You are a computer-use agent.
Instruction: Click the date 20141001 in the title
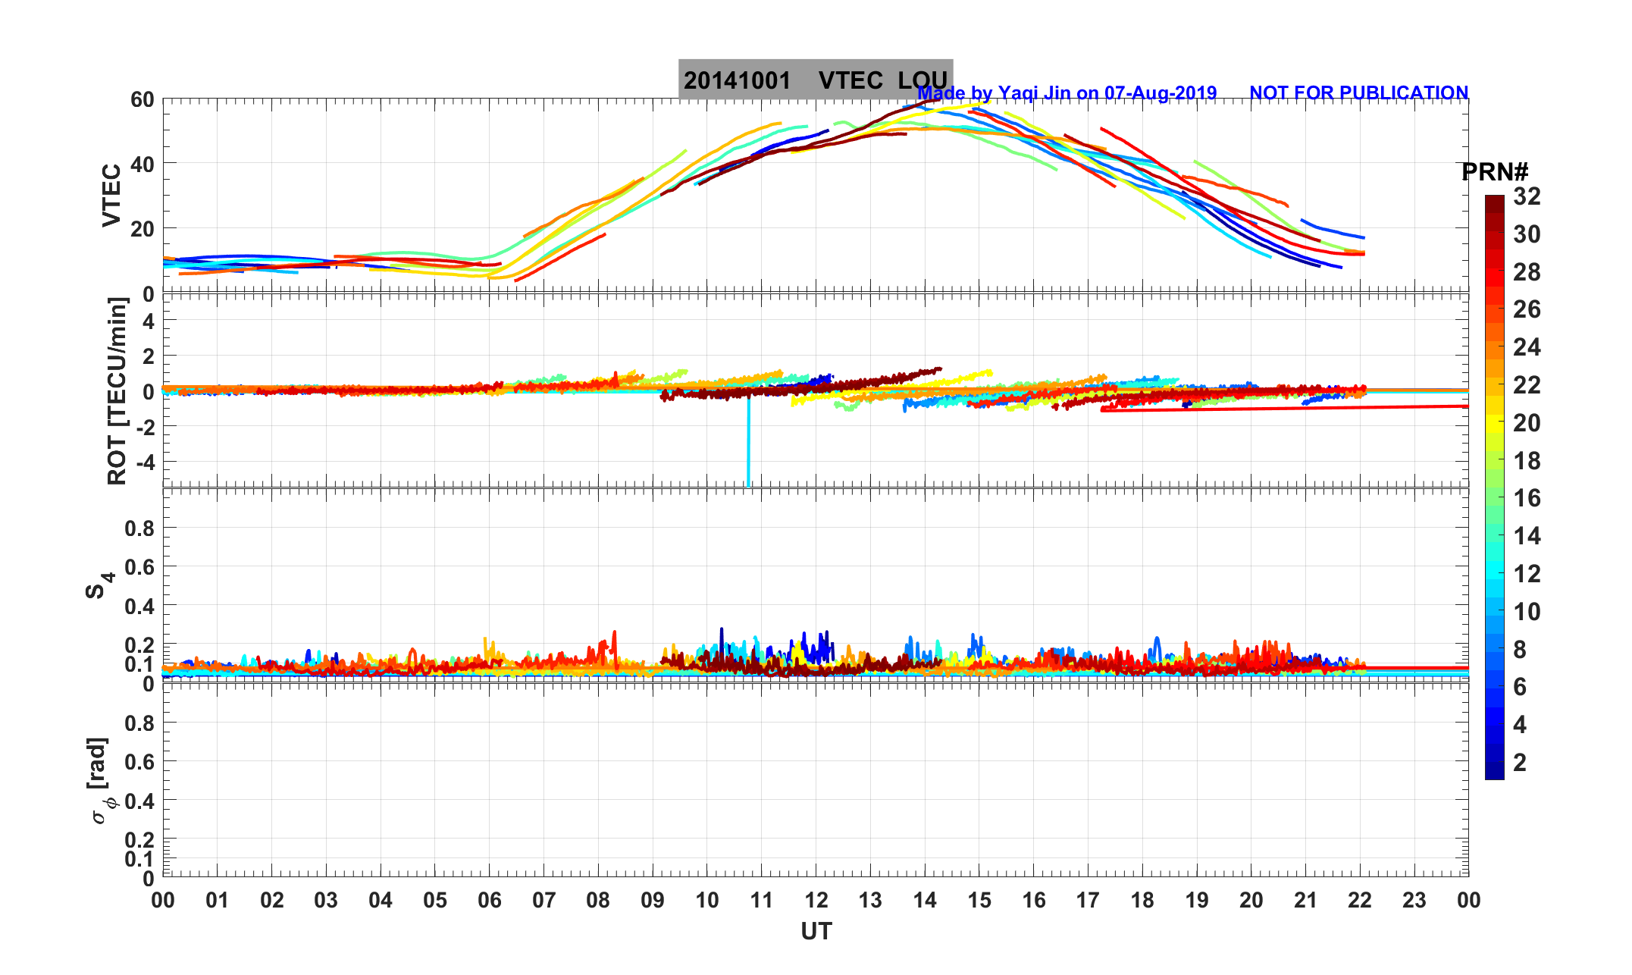coord(737,80)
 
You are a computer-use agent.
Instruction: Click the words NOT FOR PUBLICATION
coord(1358,92)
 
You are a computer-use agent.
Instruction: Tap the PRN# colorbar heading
coord(1495,172)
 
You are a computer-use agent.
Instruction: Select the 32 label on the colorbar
coord(1527,196)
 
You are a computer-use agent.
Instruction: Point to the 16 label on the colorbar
coord(1527,498)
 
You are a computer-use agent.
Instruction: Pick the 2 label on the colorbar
coord(1520,762)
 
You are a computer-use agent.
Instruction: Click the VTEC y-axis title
coord(111,195)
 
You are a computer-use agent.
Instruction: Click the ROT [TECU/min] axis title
coord(117,390)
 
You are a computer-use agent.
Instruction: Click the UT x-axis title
coord(816,931)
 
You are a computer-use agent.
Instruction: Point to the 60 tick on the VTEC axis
coord(142,99)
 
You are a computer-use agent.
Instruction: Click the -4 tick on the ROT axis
coord(143,461)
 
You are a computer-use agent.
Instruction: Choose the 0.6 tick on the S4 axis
coord(139,566)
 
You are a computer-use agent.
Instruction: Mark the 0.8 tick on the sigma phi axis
coord(139,723)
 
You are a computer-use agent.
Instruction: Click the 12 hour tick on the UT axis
coord(816,900)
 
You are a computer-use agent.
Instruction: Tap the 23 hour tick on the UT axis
coord(1414,900)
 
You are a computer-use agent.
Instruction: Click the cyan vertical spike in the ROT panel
coord(748,447)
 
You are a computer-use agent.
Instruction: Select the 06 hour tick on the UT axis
coord(490,900)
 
